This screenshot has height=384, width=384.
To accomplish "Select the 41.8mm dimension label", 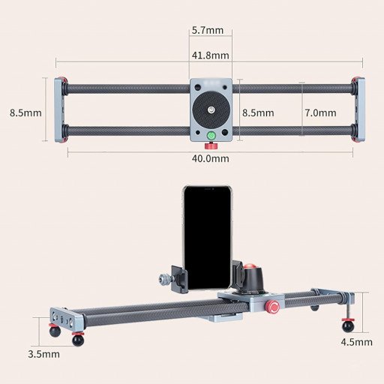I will [210, 55].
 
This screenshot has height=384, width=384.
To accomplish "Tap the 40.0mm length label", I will [211, 158].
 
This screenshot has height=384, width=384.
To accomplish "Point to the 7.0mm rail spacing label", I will [320, 112].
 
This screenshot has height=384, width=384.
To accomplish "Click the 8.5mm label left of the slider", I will [25, 112].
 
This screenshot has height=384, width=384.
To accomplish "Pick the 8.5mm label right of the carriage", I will [257, 112].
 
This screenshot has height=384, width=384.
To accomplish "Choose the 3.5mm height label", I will [43, 353].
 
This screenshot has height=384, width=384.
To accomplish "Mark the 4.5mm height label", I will [356, 342].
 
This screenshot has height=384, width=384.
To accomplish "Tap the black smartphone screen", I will [208, 237].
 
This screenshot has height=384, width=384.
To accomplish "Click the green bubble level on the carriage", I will [211, 136].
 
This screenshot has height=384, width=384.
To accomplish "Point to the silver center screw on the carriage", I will [211, 108].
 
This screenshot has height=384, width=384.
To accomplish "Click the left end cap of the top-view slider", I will [59, 109].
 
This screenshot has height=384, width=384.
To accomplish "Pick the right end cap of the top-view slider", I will [358, 109].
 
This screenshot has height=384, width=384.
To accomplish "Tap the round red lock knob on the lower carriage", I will [274, 306].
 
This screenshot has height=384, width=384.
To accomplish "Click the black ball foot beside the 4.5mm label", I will [347, 325].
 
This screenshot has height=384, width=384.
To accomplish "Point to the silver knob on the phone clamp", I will [161, 280].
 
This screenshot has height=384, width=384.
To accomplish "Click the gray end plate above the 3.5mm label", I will [66, 317].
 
